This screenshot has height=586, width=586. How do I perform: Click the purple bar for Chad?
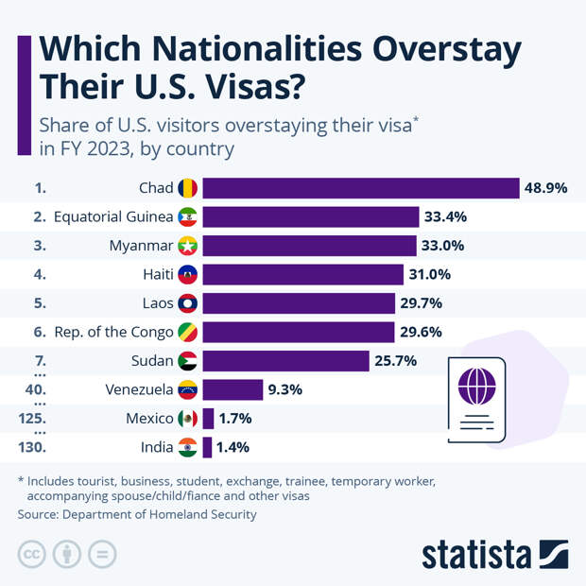(x=361, y=188)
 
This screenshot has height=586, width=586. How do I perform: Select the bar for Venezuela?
(x=233, y=389)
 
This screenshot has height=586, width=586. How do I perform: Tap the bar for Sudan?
(x=285, y=361)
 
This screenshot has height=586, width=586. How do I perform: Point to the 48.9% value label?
(x=545, y=188)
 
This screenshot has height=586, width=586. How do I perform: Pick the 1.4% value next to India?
(x=233, y=447)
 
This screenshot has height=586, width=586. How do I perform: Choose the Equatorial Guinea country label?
(x=113, y=216)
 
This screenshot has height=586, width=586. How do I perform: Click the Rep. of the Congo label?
(x=114, y=332)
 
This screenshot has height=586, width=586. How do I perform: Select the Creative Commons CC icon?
(x=32, y=554)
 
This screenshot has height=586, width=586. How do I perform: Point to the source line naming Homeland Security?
(x=137, y=514)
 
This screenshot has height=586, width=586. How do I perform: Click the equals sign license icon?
(x=104, y=554)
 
